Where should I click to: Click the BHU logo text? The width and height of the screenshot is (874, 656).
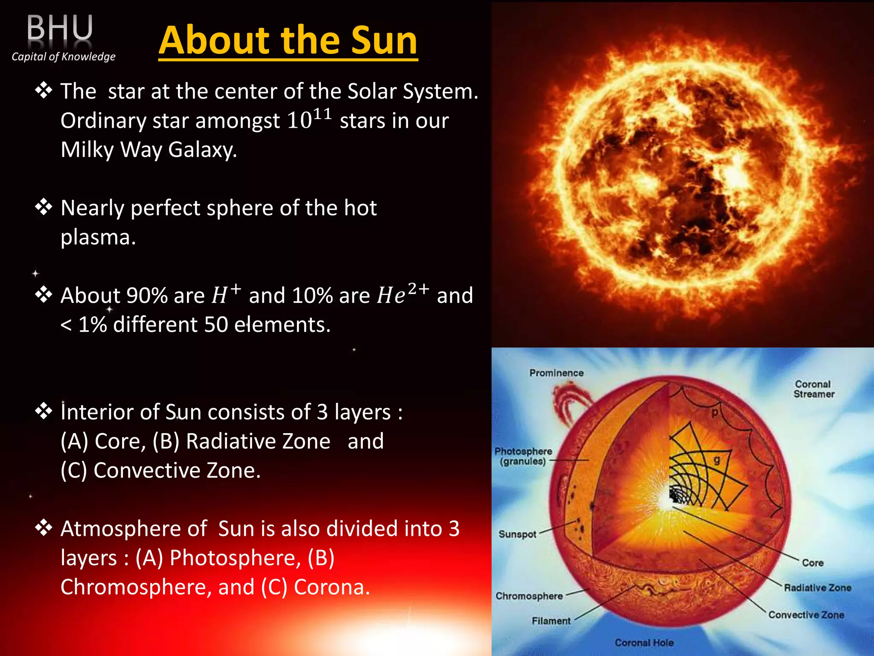(x=60, y=28)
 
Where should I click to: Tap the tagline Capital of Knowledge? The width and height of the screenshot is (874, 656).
(x=64, y=56)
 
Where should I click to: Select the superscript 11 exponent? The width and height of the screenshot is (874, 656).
(x=322, y=114)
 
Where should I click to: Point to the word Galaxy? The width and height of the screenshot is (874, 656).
(x=202, y=150)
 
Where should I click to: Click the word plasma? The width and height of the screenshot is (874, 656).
(x=98, y=237)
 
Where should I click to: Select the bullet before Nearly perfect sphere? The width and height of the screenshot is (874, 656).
(x=44, y=208)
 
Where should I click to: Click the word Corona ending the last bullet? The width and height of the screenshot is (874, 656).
(x=331, y=587)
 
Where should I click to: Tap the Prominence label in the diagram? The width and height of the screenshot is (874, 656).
(x=556, y=373)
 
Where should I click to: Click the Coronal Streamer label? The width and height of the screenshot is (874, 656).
(x=813, y=389)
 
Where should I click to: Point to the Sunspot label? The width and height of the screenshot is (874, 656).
(x=517, y=534)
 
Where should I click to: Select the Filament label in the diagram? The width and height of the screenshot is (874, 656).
(x=551, y=621)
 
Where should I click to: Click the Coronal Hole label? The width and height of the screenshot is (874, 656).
(x=644, y=643)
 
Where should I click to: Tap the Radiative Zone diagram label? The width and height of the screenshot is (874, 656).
(x=817, y=588)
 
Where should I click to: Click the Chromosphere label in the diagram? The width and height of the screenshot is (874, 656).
(x=529, y=596)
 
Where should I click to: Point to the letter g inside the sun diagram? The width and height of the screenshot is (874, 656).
(x=717, y=460)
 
